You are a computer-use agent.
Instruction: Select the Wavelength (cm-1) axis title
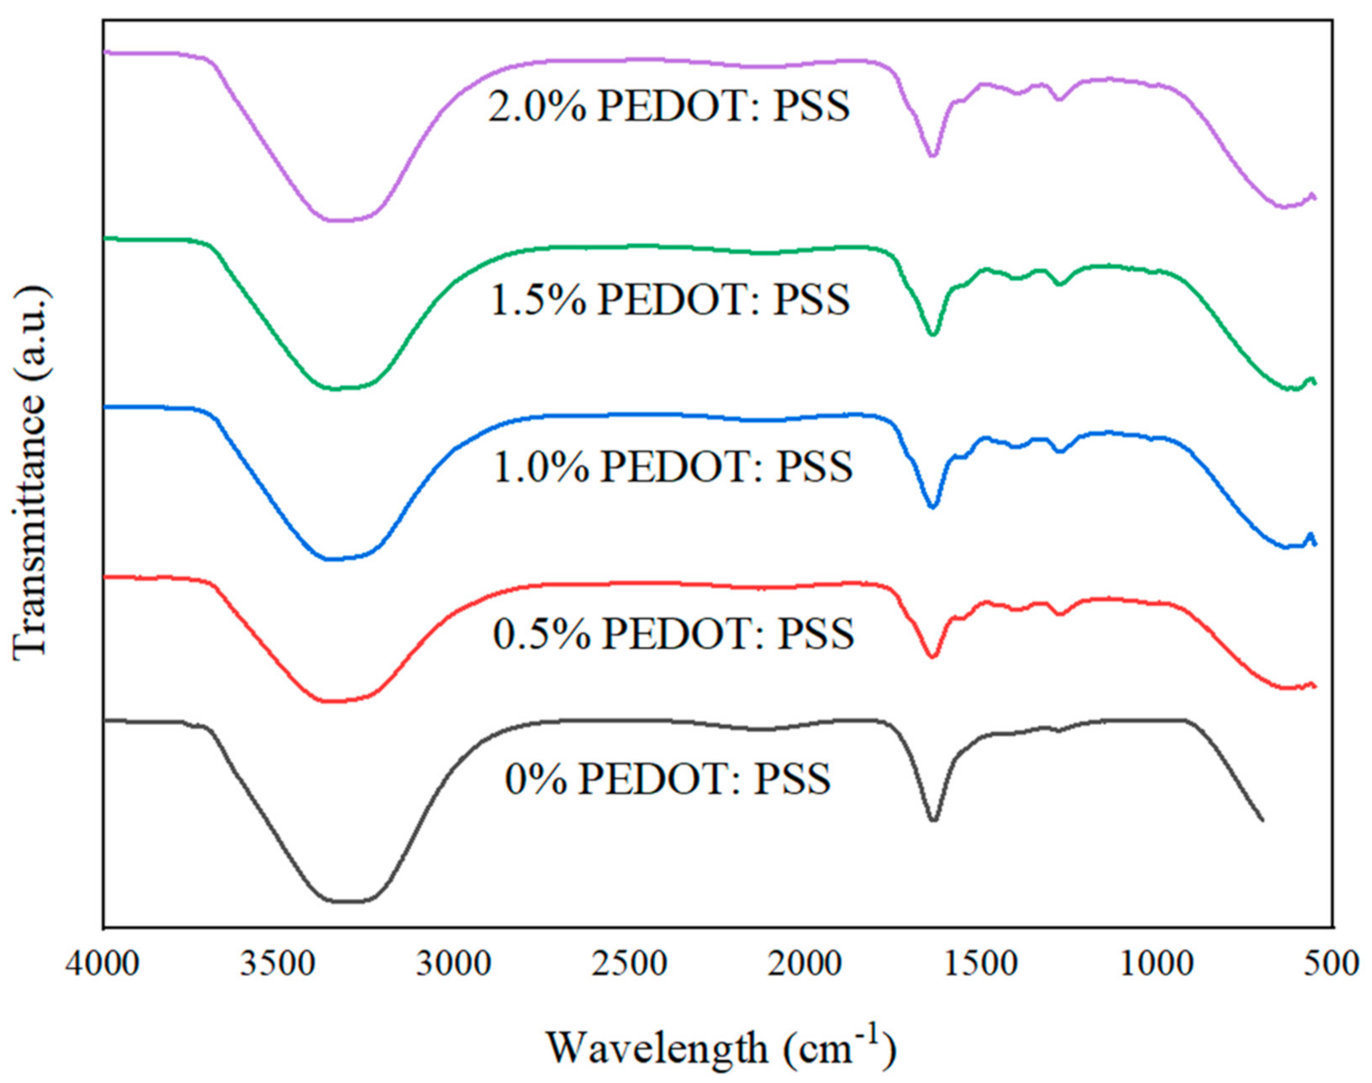pos(721,1045)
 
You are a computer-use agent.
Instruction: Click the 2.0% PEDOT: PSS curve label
pos(669,108)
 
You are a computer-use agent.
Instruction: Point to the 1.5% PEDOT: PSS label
pos(670,300)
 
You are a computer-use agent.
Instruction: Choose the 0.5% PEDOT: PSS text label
pos(673,633)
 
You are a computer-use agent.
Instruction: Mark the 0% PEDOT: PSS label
pos(668,779)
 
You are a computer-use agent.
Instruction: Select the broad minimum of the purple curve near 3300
pos(336,220)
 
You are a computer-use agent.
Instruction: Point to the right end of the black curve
pos(1262,819)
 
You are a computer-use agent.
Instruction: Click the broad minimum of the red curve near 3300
pos(332,700)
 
